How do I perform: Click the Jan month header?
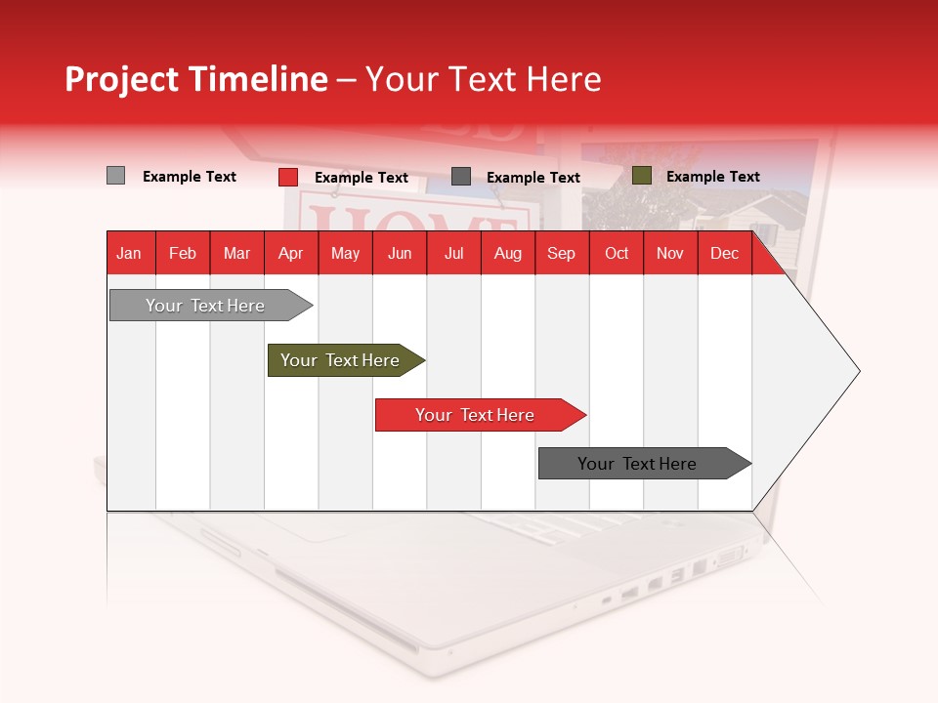pos(130,254)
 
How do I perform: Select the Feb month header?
pos(183,254)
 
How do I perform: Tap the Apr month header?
pos(290,254)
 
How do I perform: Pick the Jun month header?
pos(400,254)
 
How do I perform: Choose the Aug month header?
pos(507,254)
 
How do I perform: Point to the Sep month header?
pos(561,254)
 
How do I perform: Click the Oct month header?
pos(617,254)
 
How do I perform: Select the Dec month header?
pos(724,254)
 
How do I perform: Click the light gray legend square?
pos(115,176)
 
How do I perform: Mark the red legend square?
pos(287,177)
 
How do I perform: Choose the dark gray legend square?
pos(461,177)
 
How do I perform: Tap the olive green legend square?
pos(641,176)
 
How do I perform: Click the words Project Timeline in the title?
pos(196,79)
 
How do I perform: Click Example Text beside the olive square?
pos(712,177)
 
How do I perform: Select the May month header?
pos(345,254)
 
